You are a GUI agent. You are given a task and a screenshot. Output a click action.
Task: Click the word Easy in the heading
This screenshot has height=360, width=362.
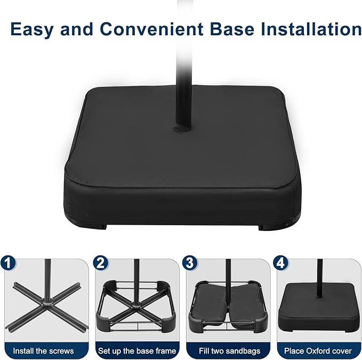32,29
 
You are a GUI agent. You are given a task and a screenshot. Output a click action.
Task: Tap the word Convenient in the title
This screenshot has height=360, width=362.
151,29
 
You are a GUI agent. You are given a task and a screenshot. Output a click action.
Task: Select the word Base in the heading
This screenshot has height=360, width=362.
232,29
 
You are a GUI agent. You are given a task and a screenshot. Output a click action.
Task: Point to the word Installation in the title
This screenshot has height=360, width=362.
311,29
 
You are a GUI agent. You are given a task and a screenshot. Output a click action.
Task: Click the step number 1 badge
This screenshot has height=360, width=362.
8,263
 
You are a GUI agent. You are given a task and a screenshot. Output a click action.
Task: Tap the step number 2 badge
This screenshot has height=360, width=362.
101,263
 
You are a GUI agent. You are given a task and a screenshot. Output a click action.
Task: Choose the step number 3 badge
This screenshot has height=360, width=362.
190,263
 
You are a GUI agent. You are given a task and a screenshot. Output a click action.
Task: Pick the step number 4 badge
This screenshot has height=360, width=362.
280,263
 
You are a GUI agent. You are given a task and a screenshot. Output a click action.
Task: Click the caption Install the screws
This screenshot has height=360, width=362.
43,351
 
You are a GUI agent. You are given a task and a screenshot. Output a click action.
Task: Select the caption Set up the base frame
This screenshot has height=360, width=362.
137,351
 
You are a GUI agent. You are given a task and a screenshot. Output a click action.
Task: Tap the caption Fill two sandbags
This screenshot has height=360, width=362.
229,351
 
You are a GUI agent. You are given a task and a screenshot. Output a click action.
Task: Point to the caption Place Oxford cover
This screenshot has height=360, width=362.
318,351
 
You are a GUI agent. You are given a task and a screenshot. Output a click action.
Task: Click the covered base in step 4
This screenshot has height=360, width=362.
318,307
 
